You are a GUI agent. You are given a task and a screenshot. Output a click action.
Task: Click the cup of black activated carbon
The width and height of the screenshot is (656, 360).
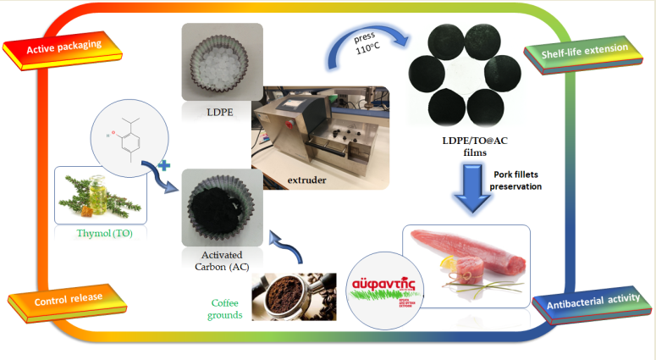223,208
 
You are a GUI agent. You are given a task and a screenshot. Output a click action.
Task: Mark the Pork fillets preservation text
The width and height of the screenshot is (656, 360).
519,180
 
